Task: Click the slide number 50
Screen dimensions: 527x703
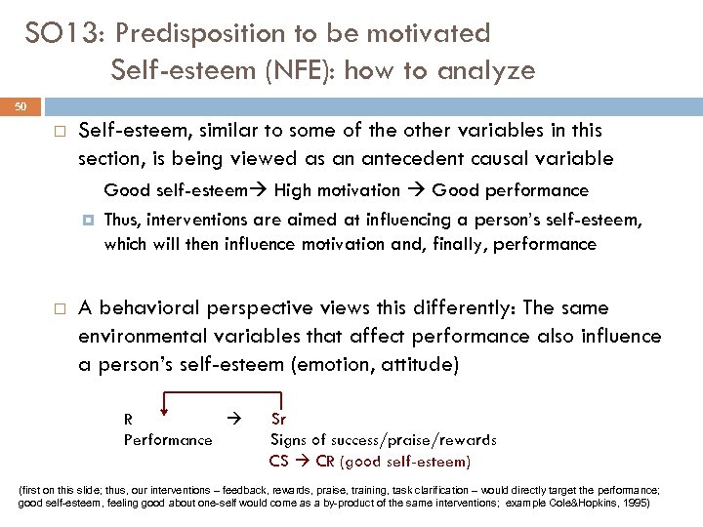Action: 21,104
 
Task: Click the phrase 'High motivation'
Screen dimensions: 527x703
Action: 338,190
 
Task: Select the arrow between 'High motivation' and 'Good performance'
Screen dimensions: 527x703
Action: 416,190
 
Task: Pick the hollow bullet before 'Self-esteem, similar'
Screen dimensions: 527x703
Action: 59,131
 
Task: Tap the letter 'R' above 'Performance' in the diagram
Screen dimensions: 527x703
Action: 128,420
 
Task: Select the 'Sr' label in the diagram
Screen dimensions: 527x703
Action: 278,420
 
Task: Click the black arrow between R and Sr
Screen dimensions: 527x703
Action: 231,419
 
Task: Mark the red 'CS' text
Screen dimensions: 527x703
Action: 278,461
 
